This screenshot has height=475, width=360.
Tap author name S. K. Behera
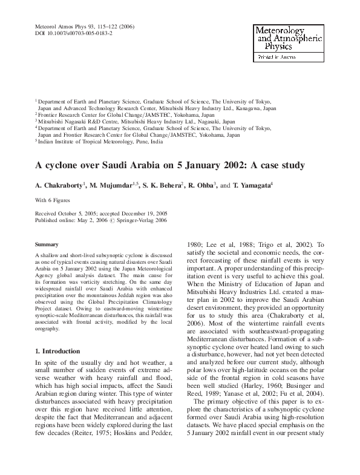(x=163, y=184)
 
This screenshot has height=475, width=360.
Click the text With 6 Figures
(x=54, y=200)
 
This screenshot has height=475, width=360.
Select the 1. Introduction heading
(x=57, y=351)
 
